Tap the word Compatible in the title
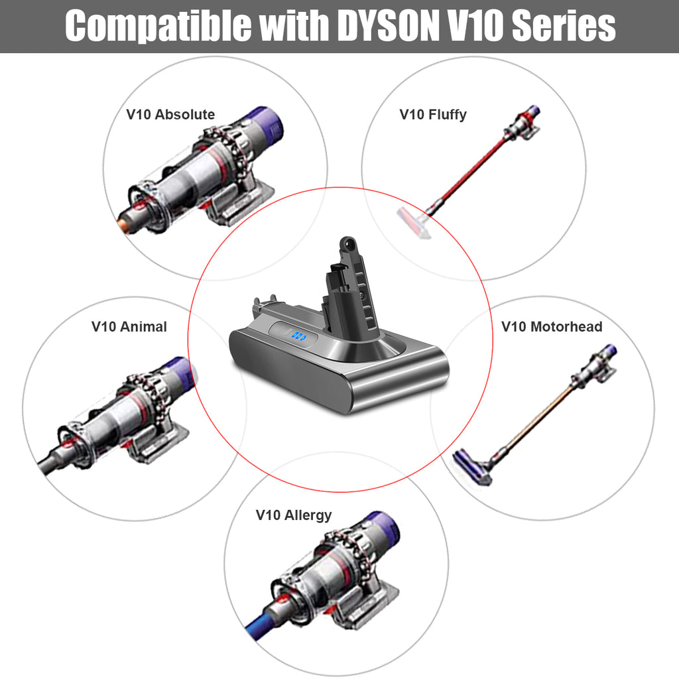point(152,26)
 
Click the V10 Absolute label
point(170,115)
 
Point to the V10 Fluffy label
point(432,115)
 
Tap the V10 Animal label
point(129,327)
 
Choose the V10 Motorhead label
point(551,327)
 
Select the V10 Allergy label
point(293,515)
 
